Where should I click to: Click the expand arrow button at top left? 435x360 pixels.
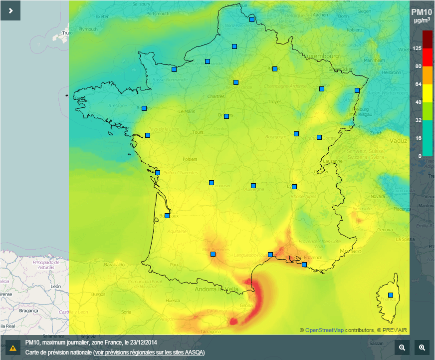coord(10,10)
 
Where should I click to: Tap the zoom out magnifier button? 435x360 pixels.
coord(402,348)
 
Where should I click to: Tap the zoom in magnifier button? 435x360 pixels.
coord(422,348)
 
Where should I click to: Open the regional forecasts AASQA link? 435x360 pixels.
coord(149,353)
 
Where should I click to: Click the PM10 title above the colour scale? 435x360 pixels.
coord(422,12)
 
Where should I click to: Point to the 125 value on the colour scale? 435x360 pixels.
coord(417,48)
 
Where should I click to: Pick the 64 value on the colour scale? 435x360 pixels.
coord(418,84)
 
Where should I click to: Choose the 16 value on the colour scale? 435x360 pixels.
coord(418,138)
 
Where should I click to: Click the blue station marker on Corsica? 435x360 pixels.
coord(391,295)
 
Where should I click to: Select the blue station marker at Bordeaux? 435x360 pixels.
coord(167,216)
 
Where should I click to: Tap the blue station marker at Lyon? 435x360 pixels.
coord(294,187)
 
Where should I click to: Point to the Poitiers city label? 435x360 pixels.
coord(190,159)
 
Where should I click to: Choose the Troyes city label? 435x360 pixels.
coord(275,101)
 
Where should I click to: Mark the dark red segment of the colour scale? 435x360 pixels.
coord(428,39)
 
